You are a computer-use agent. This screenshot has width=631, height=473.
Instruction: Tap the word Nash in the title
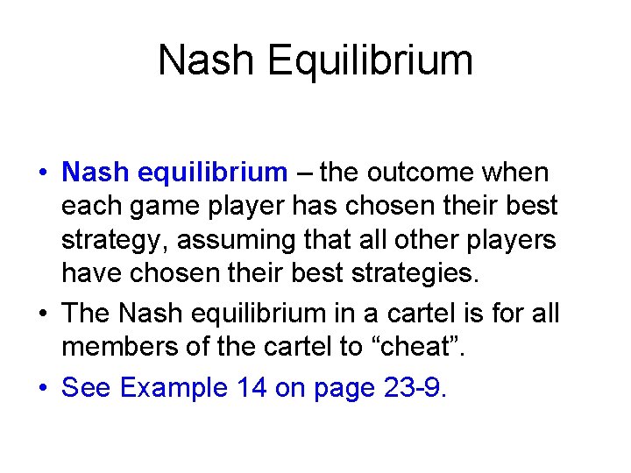coord(207,61)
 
